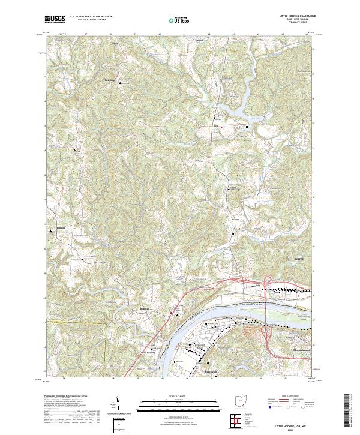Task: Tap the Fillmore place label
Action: point(60,228)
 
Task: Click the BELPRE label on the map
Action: point(306,259)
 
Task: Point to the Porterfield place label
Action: point(257,286)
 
